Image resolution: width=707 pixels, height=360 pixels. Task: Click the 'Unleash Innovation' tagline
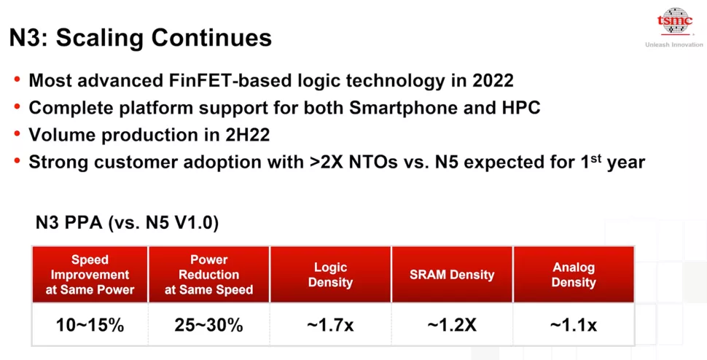(673, 45)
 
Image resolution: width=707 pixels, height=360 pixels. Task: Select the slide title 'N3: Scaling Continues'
(141, 38)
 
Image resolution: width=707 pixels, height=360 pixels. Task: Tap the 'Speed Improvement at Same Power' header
(90, 275)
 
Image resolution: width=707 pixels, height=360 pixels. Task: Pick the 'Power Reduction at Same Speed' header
(209, 275)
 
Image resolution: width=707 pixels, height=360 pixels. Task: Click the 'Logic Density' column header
(330, 275)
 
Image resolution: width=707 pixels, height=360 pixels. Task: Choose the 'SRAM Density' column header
(452, 275)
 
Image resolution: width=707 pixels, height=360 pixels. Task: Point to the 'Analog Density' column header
(574, 275)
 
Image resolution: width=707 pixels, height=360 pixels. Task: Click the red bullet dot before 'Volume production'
(17, 135)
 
